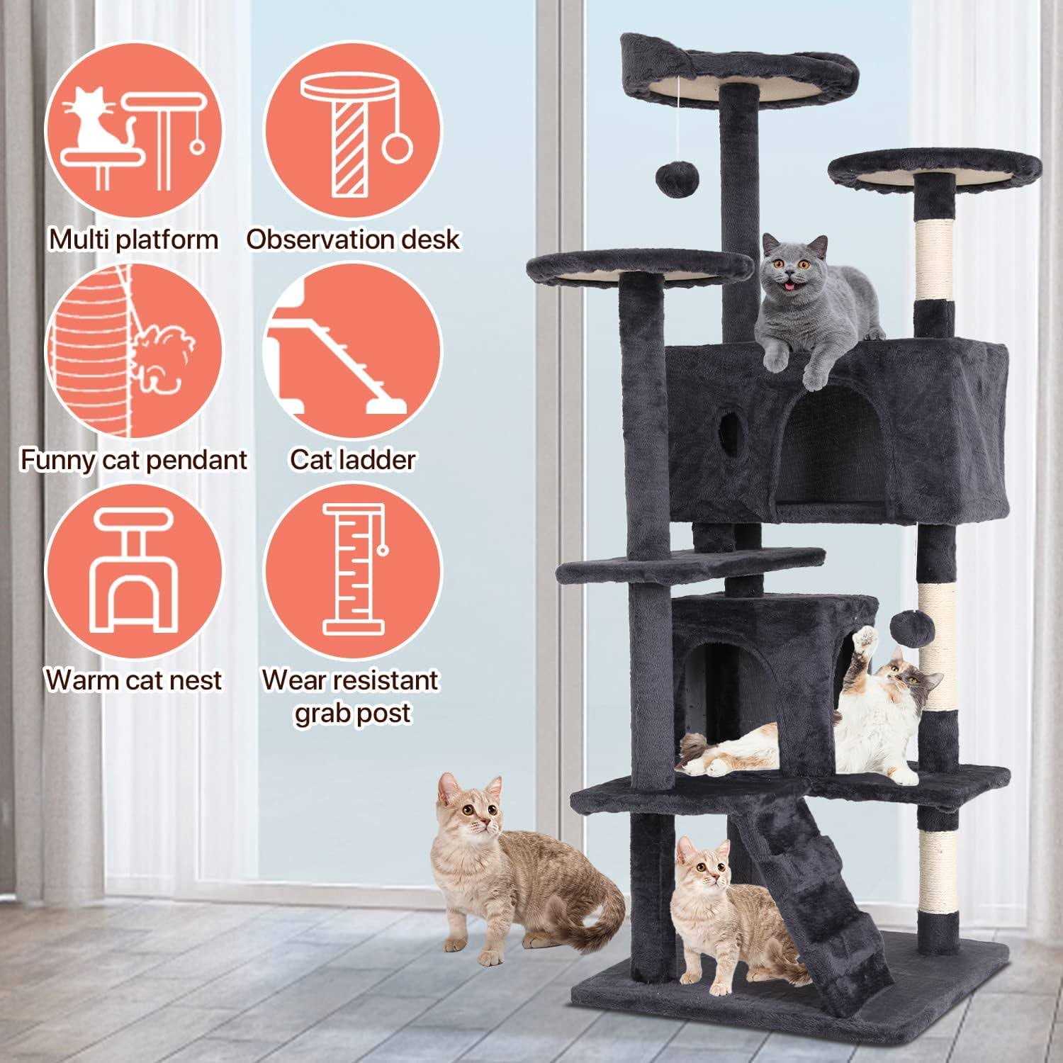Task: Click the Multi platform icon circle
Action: (x=133, y=135)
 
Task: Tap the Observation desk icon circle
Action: (x=352, y=135)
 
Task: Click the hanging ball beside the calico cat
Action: (x=904, y=626)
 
